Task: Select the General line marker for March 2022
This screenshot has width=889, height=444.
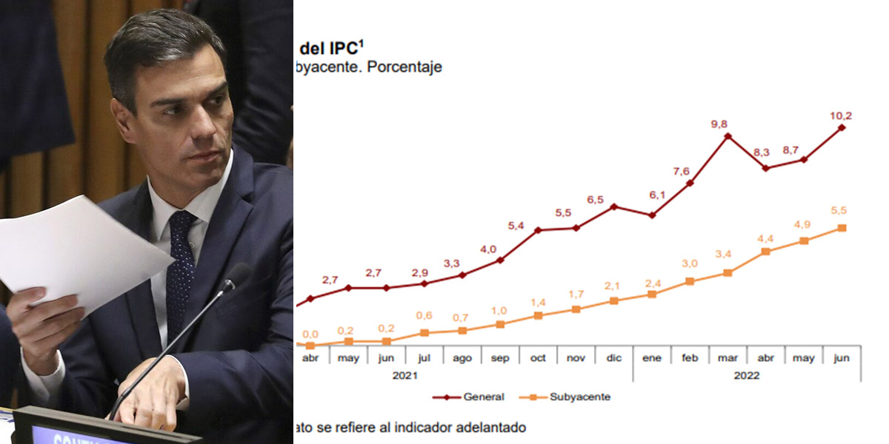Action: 727,136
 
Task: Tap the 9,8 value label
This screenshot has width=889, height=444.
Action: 719,124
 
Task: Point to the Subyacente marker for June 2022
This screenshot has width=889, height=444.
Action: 842,228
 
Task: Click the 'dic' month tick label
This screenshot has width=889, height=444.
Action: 613,358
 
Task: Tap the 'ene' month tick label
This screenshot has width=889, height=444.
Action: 651,358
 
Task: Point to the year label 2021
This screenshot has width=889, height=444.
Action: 404,375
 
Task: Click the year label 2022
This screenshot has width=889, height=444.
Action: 747,375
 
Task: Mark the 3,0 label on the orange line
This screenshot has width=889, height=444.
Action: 690,264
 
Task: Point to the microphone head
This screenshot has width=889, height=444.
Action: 236,277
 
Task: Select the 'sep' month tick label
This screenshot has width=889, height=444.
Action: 500,358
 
